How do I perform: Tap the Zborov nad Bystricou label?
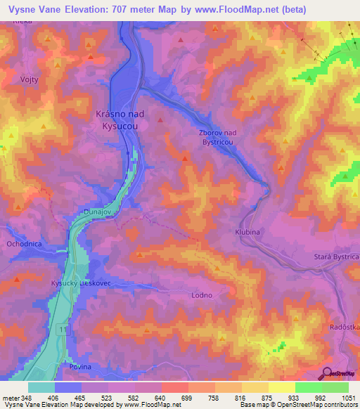218,136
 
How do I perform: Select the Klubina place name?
247,231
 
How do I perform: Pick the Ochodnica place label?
24,244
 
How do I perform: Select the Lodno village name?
202,295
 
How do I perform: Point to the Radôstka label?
345,327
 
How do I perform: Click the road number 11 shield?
63,330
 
